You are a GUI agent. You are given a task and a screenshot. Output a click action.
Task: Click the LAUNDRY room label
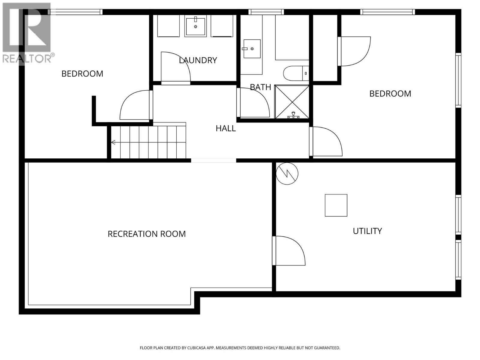(x=198, y=60)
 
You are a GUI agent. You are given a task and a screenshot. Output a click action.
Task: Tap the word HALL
(x=226, y=128)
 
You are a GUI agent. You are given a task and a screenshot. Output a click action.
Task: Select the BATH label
(x=260, y=87)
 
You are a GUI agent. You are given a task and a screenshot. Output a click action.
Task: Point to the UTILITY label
(x=367, y=231)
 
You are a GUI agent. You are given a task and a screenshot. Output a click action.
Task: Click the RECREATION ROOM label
(x=147, y=234)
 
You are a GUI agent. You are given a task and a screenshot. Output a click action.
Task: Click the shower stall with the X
(x=292, y=102)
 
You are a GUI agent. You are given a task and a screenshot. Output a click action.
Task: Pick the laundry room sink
(x=196, y=26)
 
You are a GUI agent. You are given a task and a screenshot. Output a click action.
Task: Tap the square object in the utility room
(x=336, y=205)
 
